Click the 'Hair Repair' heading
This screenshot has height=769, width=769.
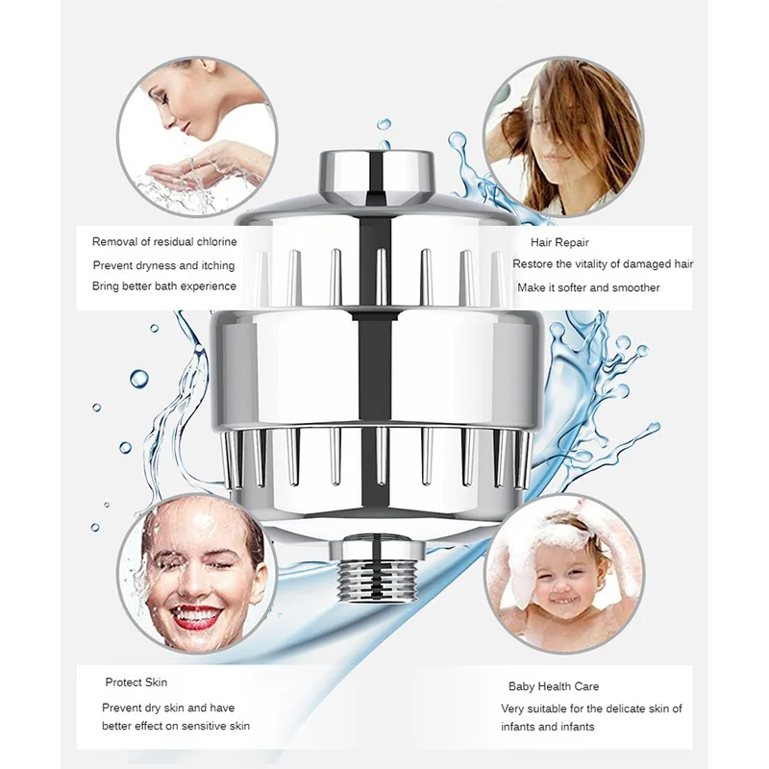pyautogui.click(x=559, y=243)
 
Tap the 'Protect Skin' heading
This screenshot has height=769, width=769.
pyautogui.click(x=136, y=682)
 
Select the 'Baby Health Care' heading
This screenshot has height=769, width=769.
pyautogui.click(x=554, y=686)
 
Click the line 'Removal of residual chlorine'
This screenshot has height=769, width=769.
pyautogui.click(x=164, y=242)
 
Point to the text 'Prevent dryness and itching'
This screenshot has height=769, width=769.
pyautogui.click(x=163, y=265)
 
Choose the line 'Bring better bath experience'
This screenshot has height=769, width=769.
pyautogui.click(x=163, y=286)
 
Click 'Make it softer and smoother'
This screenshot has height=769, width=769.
pyautogui.click(x=589, y=287)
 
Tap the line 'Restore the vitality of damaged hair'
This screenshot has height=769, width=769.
pyautogui.click(x=603, y=264)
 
